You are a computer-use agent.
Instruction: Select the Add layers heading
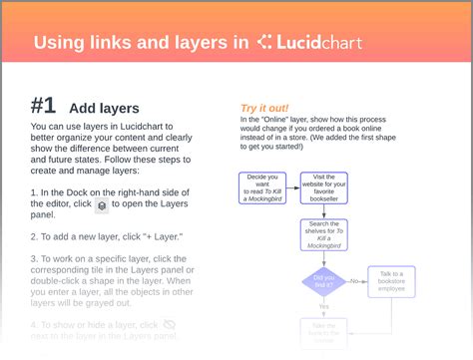[x=104, y=108]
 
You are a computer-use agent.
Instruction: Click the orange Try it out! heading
[x=265, y=108]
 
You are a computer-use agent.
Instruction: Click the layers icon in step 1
[x=102, y=204]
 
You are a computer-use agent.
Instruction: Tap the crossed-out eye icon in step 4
[x=170, y=325]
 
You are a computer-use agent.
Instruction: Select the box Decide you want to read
[x=261, y=186]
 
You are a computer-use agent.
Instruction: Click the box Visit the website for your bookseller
[x=325, y=186]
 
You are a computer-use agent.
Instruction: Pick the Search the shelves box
[x=325, y=235]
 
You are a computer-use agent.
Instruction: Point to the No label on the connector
[x=354, y=281]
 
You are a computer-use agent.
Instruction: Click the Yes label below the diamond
[x=324, y=306]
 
